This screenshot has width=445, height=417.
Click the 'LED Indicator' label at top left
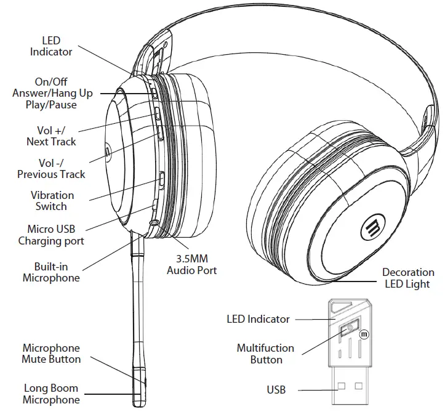tap(51, 46)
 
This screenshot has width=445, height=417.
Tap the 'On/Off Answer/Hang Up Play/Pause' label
tap(52, 93)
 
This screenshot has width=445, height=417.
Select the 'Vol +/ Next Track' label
tap(51, 136)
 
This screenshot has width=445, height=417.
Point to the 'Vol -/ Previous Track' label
tap(51, 168)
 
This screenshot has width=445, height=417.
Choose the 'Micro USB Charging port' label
tap(51, 235)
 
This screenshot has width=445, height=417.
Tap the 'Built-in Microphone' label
tap(51, 272)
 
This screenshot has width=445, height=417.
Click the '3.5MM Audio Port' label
tap(192, 265)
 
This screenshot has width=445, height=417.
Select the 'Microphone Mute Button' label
tap(51, 354)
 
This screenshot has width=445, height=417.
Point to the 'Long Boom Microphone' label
tap(51, 394)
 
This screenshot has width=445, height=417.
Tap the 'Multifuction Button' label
tap(266, 354)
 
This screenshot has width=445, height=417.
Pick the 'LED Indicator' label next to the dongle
tap(258, 319)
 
